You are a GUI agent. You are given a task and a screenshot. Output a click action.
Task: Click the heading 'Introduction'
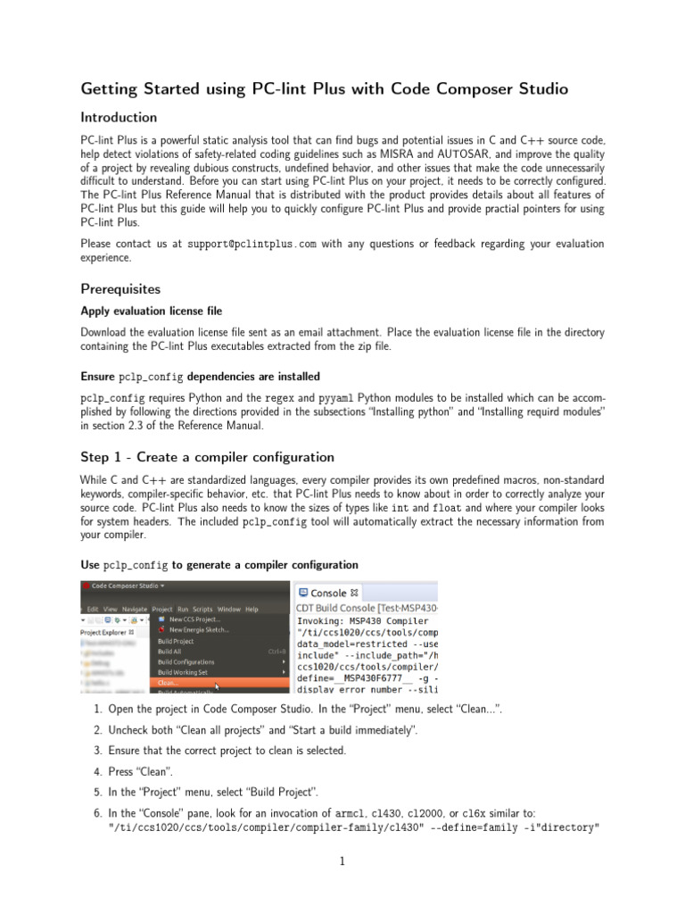point(119,118)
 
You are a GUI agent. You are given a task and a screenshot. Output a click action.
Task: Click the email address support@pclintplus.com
point(252,244)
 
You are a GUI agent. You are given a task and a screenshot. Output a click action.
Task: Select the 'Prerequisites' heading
point(120,289)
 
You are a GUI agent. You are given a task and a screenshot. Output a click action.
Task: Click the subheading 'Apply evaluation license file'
point(152,312)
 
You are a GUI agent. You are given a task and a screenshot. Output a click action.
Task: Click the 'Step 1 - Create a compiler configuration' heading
point(207,457)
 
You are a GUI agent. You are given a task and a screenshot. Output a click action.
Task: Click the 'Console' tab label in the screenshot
point(328,593)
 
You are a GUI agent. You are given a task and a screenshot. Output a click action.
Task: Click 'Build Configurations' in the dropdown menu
point(186,662)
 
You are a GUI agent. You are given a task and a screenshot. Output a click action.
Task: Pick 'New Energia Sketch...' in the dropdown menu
point(198,630)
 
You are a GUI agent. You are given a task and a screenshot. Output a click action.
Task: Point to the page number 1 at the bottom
point(342,861)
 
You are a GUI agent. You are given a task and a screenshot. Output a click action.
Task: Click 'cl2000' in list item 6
point(426,813)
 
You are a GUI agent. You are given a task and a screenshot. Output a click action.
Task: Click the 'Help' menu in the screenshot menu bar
point(252,609)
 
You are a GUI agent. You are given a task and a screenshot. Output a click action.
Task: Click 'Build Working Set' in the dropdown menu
point(184,673)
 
